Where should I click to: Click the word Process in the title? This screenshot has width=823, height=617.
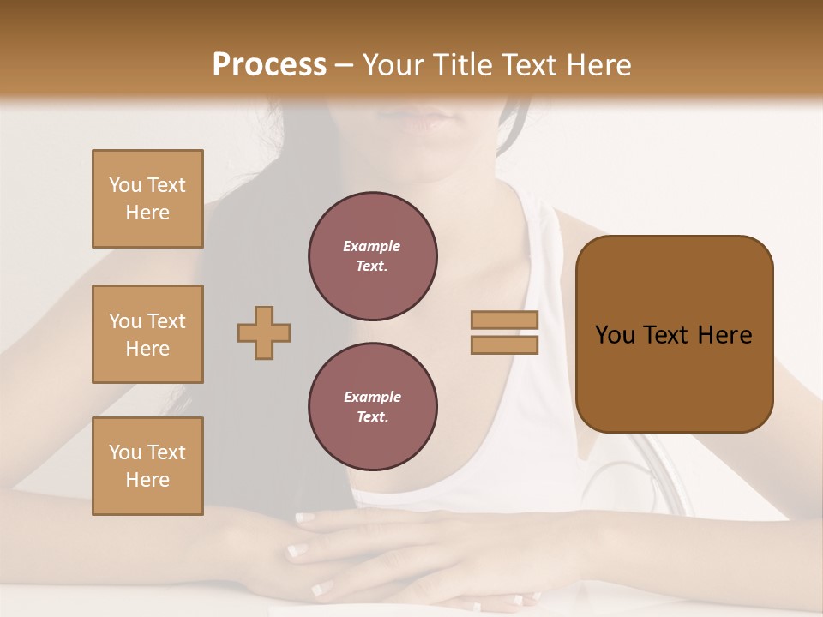tap(269, 65)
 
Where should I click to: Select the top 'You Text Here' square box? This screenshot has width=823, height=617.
tap(147, 199)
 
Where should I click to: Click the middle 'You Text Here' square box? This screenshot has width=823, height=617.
tap(147, 334)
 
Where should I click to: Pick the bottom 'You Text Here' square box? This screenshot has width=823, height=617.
tap(147, 466)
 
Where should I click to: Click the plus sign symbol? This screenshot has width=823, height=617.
tap(264, 332)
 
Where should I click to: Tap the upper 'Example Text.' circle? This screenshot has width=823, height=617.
tap(372, 255)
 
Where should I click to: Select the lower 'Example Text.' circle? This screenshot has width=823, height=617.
tap(372, 406)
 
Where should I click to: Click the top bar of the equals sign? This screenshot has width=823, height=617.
tap(505, 320)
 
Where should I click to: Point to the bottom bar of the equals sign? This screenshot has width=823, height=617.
tap(505, 345)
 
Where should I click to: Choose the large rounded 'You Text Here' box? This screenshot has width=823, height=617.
tap(674, 334)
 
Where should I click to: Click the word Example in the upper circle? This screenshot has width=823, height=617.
tap(372, 246)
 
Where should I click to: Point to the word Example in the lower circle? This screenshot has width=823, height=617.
tap(372, 397)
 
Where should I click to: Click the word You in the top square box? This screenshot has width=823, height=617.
tap(124, 185)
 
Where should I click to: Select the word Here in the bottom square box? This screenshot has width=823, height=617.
tap(147, 480)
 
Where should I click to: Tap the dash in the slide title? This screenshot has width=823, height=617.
tap(344, 65)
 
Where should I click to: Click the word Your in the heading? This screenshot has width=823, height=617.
tap(393, 65)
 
